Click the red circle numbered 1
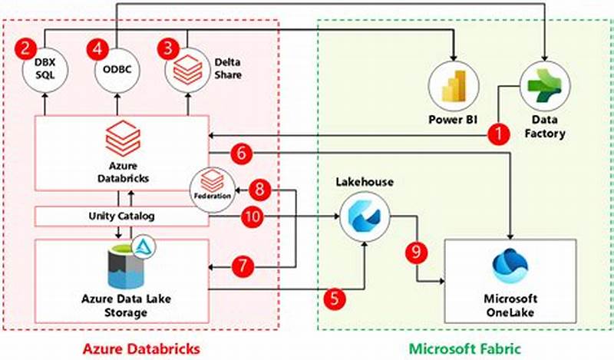tap(500, 134)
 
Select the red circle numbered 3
tap(167, 48)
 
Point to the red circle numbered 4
tap(97, 48)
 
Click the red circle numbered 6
tap(241, 154)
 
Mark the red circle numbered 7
tap(243, 266)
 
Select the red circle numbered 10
tap(252, 216)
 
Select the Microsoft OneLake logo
tap(510, 267)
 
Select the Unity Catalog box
tap(121, 216)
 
